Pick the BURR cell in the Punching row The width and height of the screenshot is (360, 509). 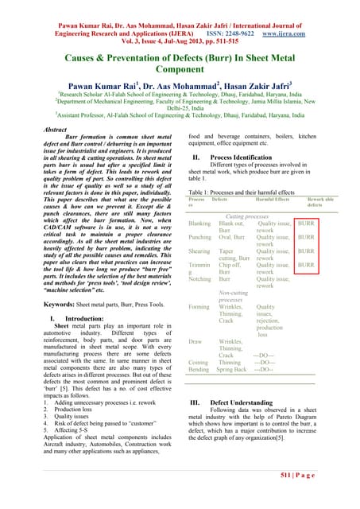(x=328, y=237)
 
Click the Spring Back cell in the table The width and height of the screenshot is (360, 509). (x=232, y=370)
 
